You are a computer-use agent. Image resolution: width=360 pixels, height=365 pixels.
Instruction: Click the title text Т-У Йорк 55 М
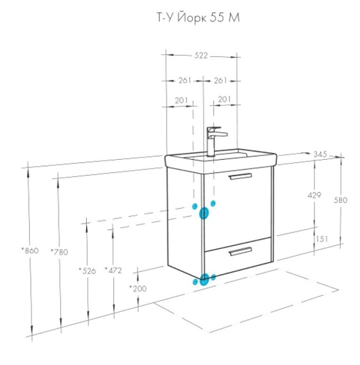coord(198,17)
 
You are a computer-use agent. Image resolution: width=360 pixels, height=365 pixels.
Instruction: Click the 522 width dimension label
coord(201,56)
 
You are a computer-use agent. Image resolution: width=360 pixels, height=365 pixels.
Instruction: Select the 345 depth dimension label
coord(320,154)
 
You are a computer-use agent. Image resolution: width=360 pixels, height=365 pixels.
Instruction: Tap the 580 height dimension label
coord(340,200)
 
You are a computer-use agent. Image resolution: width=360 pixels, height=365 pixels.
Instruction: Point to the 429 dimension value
coord(314,195)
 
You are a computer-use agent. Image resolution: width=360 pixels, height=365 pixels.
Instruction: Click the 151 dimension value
coord(322,239)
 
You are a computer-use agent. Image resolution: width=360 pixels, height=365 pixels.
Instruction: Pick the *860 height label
coord(30,251)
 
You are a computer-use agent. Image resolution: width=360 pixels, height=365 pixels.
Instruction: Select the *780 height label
coord(59,252)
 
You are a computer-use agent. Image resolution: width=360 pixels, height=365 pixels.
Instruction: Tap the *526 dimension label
coord(87,271)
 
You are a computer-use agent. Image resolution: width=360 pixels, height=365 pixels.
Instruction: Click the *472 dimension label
coord(113,270)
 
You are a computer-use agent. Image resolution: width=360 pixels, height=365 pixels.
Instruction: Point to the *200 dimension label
coord(138,289)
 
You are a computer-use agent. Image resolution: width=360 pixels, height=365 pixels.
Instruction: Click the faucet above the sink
coord(215,141)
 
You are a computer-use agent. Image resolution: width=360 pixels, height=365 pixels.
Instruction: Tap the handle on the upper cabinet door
coord(241,177)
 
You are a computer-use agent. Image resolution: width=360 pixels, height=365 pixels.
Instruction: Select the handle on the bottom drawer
coord(241,251)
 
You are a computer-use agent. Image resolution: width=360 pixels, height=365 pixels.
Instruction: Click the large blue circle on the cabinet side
coord(204,213)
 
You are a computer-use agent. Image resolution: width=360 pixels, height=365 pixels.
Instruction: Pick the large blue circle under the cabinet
coord(204,279)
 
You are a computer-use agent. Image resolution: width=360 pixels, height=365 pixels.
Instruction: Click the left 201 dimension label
coord(181,101)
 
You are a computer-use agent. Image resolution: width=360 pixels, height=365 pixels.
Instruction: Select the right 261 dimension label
coord(220,80)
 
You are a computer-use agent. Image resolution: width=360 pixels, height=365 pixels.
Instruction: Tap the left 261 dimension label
coord(184,80)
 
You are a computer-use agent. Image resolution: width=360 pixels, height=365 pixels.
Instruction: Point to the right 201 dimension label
coord(225,99)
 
